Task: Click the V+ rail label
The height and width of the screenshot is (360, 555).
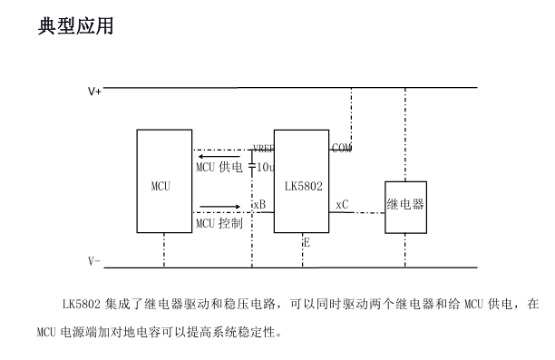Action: point(94,92)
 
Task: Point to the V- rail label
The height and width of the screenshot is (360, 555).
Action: point(94,261)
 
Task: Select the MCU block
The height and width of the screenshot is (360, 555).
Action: point(164,181)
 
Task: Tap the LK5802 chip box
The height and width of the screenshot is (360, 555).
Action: point(301,181)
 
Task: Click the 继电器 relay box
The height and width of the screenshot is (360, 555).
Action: point(405,206)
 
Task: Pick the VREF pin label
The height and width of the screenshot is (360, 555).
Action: point(263,149)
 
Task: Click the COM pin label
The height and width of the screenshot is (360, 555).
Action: point(342,148)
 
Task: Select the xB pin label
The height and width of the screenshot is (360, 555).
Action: point(259,205)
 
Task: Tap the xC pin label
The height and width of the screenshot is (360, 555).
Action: point(342,205)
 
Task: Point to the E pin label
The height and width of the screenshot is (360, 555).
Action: point(307,242)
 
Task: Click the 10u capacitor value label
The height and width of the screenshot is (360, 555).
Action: point(265,168)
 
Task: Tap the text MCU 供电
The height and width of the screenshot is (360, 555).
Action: point(219,167)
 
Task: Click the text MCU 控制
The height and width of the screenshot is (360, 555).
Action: point(219,223)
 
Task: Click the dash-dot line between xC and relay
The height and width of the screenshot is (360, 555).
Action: point(367,213)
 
